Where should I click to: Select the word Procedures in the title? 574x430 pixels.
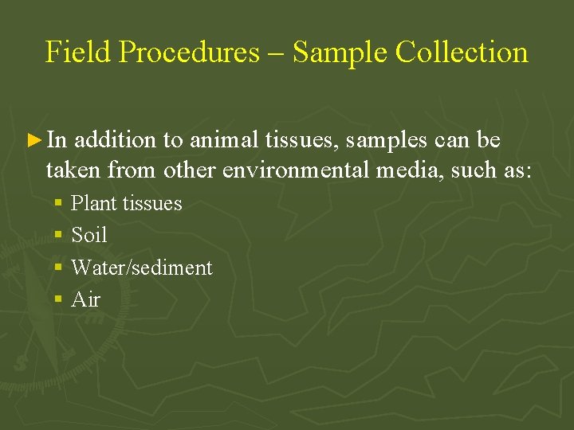point(190,53)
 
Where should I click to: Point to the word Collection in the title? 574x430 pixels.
point(462,53)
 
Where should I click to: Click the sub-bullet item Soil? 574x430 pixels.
point(88,235)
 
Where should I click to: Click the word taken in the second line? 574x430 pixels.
point(73,170)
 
